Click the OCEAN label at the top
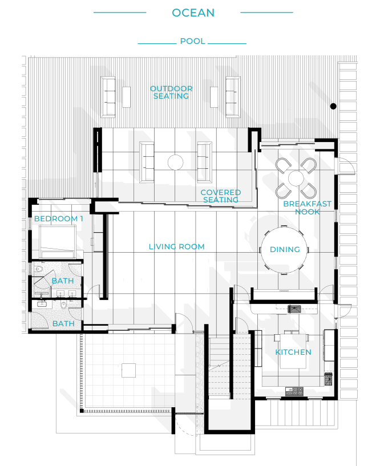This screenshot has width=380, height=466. point(193,13)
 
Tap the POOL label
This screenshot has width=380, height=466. point(193,41)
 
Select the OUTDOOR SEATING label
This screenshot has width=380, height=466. point(171,92)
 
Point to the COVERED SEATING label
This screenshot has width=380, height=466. point(221,196)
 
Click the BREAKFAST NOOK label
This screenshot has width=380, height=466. point(307,208)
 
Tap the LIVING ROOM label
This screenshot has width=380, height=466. point(177,246)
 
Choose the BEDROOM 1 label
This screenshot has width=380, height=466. point(59,218)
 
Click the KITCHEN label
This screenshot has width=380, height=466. point(293,352)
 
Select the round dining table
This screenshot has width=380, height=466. point(284,250)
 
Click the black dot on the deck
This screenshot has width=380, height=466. point(333,106)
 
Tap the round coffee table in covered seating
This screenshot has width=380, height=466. point(175,162)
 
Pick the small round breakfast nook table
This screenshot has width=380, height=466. point(296,179)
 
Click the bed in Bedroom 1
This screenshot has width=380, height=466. point(58,241)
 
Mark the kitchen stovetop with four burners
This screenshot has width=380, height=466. point(294,391)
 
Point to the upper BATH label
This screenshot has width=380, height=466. point(62,281)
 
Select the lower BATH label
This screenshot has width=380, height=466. point(63,323)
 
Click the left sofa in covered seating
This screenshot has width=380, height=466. point(147,162)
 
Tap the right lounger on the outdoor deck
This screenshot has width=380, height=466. point(233,97)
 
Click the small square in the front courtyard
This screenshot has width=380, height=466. point(128,370)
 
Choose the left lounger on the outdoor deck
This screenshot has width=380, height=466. point(108,97)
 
